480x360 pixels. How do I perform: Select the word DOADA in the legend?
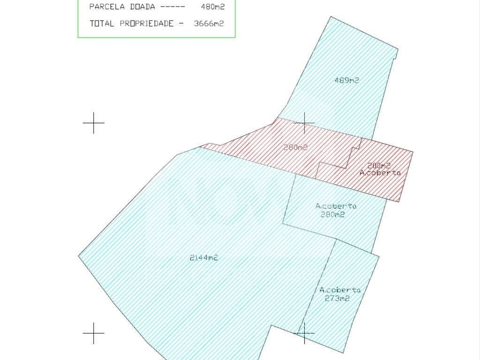pyautogui.click(x=142, y=7)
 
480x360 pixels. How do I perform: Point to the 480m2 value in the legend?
pyautogui.click(x=207, y=7)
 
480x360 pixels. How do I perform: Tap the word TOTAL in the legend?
pyautogui.click(x=102, y=23)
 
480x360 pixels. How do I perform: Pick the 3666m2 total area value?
pyautogui.click(x=209, y=23)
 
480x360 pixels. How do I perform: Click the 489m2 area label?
pyautogui.click(x=346, y=80)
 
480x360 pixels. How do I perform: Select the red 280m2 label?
pyautogui.click(x=295, y=147)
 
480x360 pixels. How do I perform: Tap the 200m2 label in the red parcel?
pyautogui.click(x=379, y=165)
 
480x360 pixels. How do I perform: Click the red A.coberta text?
pyautogui.click(x=380, y=172)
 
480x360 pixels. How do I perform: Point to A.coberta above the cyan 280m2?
pyautogui.click(x=336, y=206)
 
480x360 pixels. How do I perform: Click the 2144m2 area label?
pyautogui.click(x=204, y=257)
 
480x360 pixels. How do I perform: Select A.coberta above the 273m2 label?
pyautogui.click(x=340, y=290)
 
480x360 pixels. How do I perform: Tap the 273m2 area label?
pyautogui.click(x=337, y=298)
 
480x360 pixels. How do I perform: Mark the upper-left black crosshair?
pyautogui.click(x=93, y=123)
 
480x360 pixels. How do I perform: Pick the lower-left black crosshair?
pyautogui.click(x=93, y=333)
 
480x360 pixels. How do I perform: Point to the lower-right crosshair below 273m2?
pyautogui.click(x=304, y=333)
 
